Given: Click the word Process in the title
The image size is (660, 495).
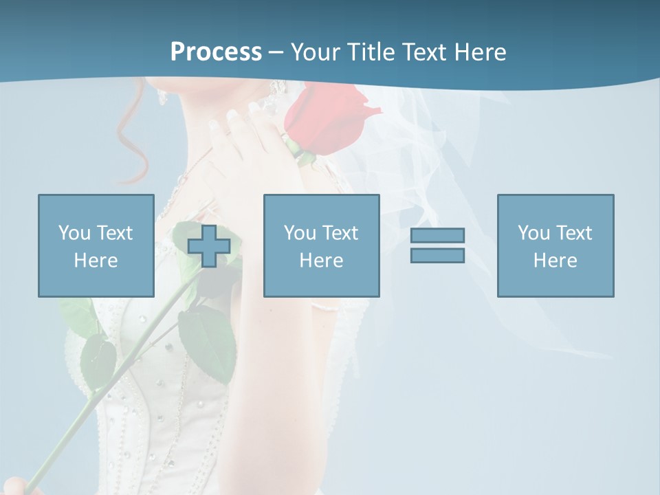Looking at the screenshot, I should click(x=216, y=52).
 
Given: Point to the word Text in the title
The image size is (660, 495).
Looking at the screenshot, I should click(x=424, y=52).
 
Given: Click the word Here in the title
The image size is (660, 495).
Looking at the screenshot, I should click(x=481, y=52).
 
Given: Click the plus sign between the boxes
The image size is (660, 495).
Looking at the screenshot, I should click(x=209, y=246).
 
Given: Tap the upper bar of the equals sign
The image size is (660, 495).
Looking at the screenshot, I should click(x=437, y=235).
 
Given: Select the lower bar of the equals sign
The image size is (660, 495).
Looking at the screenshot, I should click(x=437, y=256).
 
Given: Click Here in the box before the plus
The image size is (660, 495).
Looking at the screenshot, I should click(x=96, y=261).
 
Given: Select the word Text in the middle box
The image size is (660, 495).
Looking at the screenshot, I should click(x=341, y=233).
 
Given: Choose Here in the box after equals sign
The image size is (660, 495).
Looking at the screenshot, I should click(x=555, y=261).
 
